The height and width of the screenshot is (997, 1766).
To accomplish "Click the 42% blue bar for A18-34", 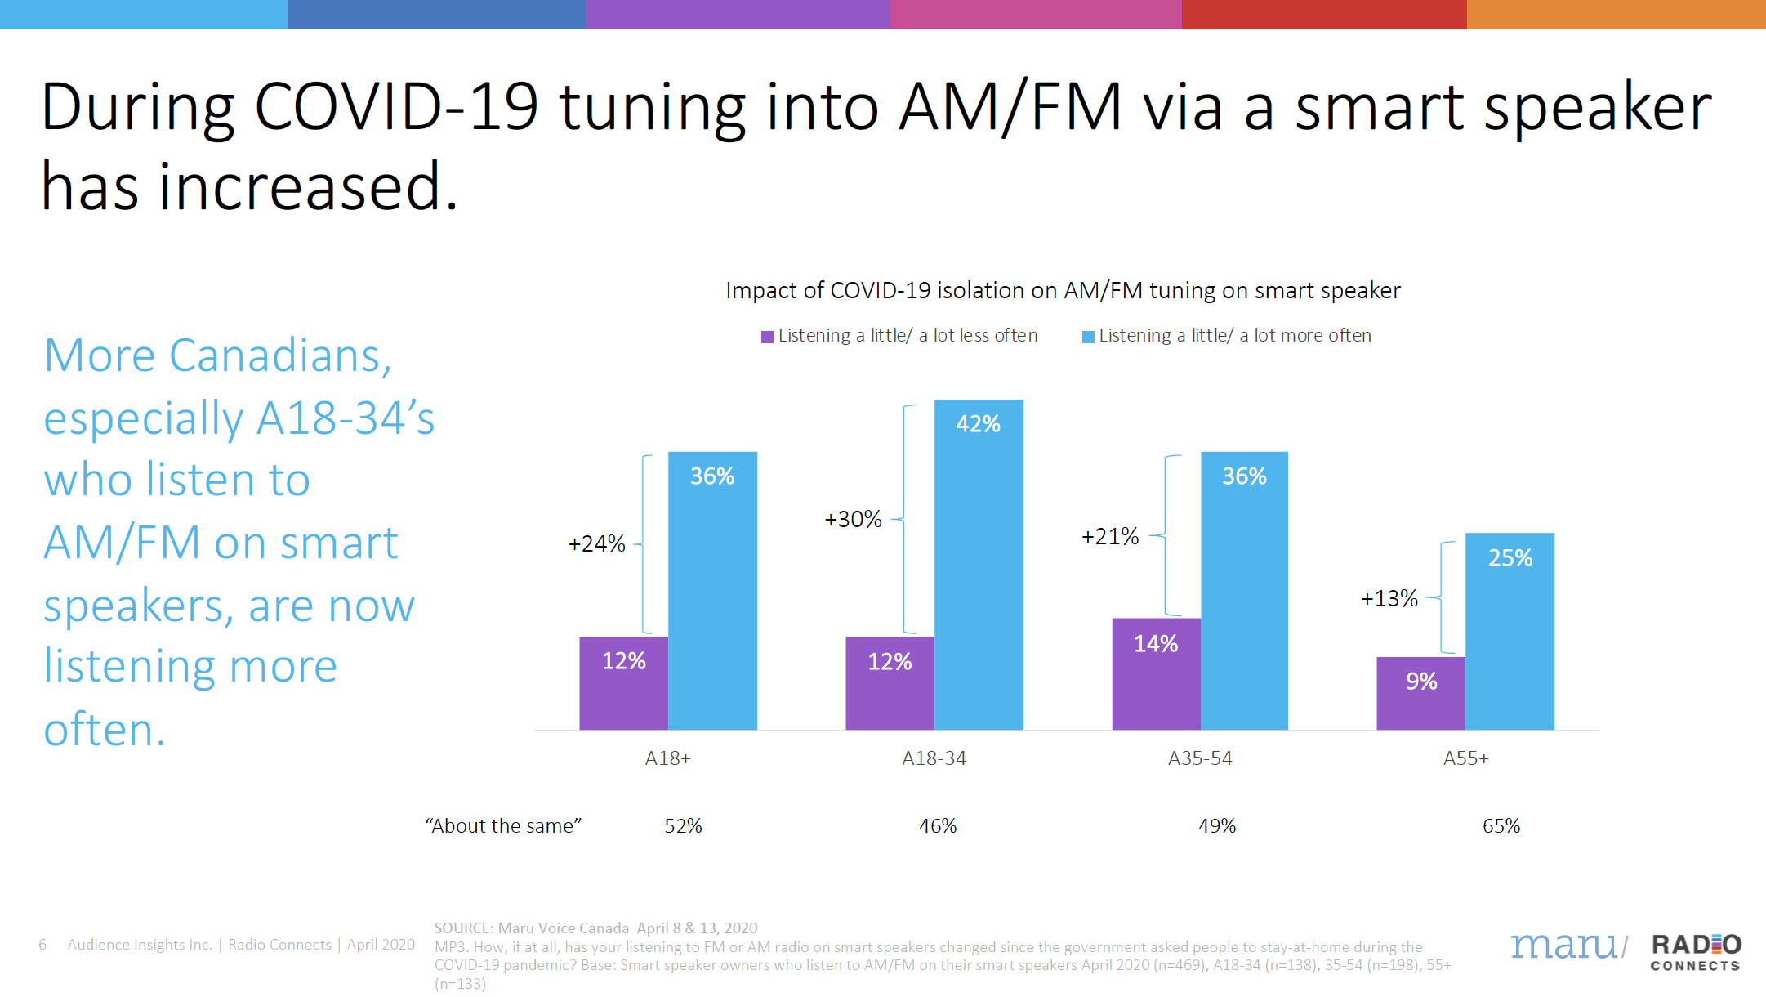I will (x=979, y=564).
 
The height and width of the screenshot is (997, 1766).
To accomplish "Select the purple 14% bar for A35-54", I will (x=1156, y=674).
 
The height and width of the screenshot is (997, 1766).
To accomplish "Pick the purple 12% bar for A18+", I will (x=623, y=683).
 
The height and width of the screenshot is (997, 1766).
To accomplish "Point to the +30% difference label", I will (x=853, y=520).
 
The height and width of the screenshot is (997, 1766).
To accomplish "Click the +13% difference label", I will (x=1389, y=599).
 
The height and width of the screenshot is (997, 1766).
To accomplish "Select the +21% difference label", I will (x=1109, y=537).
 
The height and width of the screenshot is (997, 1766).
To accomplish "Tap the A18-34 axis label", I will (x=934, y=758).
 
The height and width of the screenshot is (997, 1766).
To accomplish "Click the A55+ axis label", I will (x=1465, y=758).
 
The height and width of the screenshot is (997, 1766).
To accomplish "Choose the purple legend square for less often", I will (x=767, y=337).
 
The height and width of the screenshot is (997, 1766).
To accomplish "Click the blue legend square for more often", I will (x=1088, y=337).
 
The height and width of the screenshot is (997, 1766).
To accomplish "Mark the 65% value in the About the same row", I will (x=1501, y=826).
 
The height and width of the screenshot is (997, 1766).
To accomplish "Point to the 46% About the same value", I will (x=938, y=826).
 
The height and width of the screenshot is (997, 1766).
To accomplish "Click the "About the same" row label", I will (x=503, y=826).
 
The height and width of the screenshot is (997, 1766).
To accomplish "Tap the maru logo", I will (x=1564, y=946).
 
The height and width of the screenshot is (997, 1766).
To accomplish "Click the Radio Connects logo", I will (x=1696, y=952).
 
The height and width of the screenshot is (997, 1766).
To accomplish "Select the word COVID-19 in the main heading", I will (x=396, y=107).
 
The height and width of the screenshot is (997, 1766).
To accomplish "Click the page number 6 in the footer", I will (x=42, y=945).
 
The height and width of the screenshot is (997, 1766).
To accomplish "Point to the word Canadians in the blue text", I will (x=280, y=356).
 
